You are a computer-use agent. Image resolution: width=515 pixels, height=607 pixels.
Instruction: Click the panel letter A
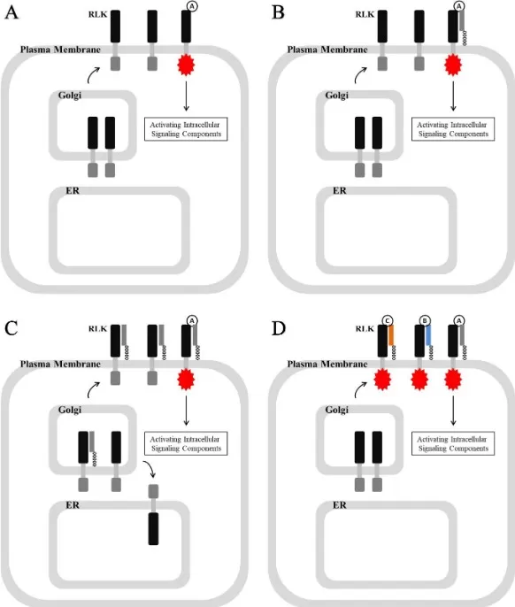point(12,12)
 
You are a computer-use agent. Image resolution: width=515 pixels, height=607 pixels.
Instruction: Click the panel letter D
point(279,328)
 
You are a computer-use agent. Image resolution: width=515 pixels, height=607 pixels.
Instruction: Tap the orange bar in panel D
point(391,334)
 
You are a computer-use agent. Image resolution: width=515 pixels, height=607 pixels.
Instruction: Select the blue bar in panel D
point(428,334)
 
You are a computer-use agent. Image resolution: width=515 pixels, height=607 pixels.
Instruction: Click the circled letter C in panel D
point(388,320)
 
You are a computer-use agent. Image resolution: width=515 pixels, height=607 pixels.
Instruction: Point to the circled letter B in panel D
point(425,320)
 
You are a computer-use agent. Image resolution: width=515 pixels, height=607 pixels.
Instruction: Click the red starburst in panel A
point(186,65)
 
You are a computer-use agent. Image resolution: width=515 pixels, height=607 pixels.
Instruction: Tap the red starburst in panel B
point(453,65)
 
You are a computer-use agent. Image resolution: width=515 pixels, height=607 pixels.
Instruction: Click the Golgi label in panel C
point(70,410)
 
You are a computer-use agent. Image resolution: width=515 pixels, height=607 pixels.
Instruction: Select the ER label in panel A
point(73,190)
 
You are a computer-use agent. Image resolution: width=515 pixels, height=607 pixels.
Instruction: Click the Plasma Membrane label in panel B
point(327,50)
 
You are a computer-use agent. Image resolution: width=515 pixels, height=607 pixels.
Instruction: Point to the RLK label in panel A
point(97,14)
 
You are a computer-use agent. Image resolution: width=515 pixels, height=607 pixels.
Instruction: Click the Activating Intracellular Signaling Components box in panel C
point(186,443)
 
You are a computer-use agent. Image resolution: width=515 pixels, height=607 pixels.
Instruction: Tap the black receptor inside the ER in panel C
point(153,528)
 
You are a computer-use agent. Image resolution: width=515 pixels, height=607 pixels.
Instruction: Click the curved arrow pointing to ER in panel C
point(150,468)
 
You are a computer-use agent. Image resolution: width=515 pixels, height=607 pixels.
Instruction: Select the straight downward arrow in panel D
point(453,411)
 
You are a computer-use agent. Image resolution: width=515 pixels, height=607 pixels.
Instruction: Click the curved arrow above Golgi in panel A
point(93,75)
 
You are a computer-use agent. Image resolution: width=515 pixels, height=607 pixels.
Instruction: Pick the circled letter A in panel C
point(192,320)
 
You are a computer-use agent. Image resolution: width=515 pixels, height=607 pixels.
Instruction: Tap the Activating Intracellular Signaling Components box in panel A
point(186,129)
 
